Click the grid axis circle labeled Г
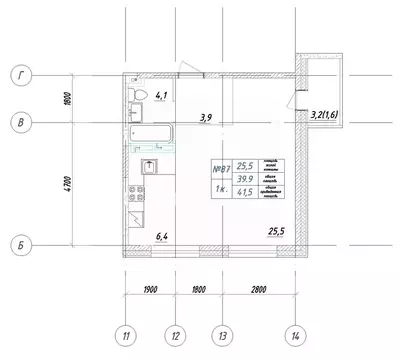pyautogui.click(x=18, y=74)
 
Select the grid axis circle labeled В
pyautogui.click(x=18, y=123)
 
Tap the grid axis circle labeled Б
pyautogui.click(x=18, y=244)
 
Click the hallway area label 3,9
pyautogui.click(x=205, y=118)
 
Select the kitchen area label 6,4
pyautogui.click(x=162, y=236)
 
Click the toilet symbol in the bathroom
pyautogui.click(x=140, y=95)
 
